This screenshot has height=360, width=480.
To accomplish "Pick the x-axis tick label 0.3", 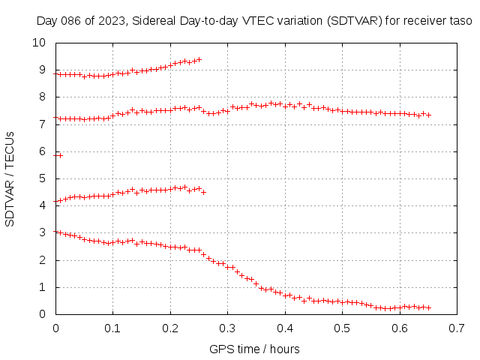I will tap(227, 328).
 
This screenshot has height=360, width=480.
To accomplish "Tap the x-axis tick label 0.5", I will tap(342, 328).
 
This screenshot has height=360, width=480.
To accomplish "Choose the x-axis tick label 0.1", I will tap(112, 328).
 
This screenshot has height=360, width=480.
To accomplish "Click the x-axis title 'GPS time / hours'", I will tap(255, 349).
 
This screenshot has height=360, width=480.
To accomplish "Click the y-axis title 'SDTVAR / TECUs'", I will tap(10, 178).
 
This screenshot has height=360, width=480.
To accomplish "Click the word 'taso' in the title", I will tap(460, 21).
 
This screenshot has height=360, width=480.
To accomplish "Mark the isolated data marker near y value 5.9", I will tap(60, 155).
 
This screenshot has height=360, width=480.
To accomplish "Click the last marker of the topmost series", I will tap(199, 59).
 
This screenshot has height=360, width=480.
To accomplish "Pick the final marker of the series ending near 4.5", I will tap(203, 192).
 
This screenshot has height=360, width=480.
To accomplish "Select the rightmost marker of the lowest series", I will tap(428, 307).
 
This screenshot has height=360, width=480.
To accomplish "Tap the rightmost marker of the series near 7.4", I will tap(428, 115).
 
